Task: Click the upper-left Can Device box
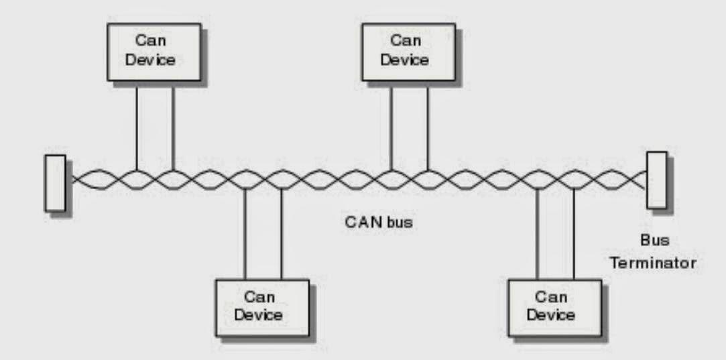pos(154,52)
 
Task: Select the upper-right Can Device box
pos(409,52)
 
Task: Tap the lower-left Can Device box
pos(262,307)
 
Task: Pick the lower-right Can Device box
pos(554,307)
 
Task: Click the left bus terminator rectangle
pos(55,183)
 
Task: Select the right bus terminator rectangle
pos(656,180)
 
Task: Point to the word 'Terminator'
pos(652,263)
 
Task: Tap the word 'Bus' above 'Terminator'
pos(653,240)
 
